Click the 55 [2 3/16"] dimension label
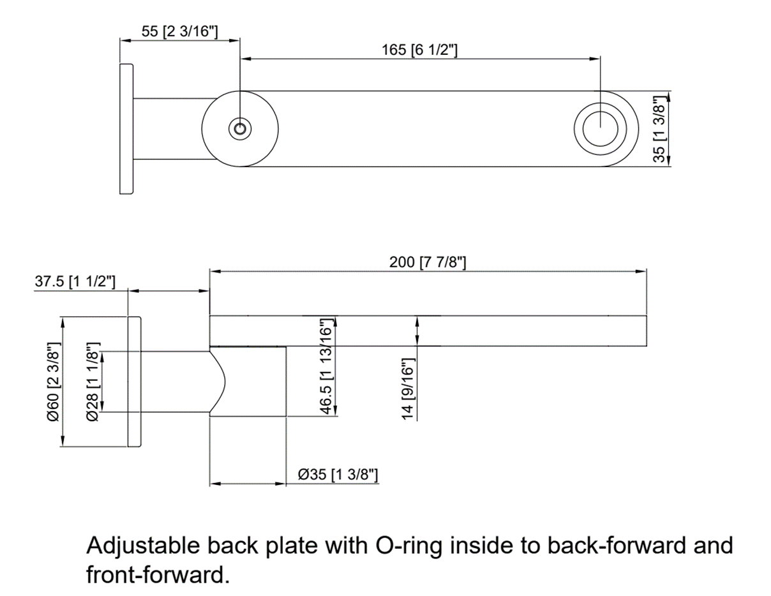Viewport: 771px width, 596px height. click(179, 32)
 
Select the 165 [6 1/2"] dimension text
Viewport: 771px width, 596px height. click(419, 50)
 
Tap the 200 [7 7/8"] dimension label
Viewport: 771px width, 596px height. click(428, 262)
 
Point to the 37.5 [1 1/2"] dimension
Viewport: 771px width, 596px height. click(75, 281)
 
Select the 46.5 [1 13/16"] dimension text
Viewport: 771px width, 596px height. click(326, 367)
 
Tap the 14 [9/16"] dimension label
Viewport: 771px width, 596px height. click(408, 389)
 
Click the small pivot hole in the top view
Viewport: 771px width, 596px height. click(240, 129)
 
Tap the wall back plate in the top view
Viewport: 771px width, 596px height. click(126, 129)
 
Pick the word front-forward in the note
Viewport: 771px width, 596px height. click(156, 575)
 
